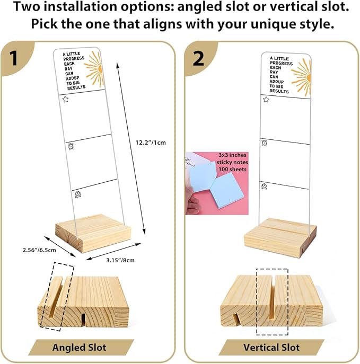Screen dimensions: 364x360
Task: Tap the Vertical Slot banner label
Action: [x=271, y=348]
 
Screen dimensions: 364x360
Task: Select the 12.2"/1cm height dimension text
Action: [x=151, y=141]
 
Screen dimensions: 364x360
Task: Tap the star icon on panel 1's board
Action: [x=66, y=99]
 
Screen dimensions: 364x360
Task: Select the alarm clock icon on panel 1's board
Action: [x=70, y=147]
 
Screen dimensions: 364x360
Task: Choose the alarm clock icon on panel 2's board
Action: [x=264, y=142]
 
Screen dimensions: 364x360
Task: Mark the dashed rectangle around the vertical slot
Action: [x=271, y=300]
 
